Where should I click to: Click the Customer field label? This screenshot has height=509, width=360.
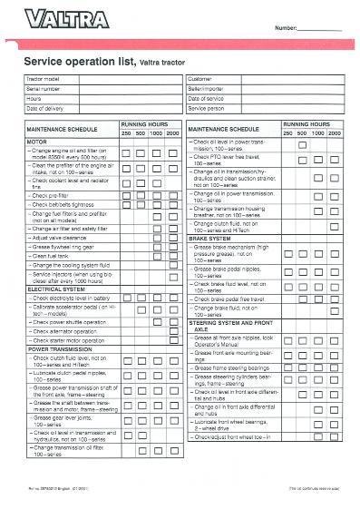pos(202,80)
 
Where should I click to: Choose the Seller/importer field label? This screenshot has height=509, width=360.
pos(207,89)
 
